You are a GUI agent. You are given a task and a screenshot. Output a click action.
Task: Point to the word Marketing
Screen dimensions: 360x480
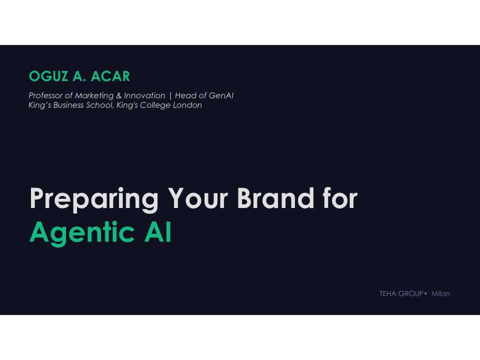(x=94, y=95)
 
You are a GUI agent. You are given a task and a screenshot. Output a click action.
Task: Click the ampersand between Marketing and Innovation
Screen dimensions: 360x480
(x=119, y=95)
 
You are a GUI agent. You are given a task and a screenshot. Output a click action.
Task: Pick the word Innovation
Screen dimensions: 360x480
(x=144, y=95)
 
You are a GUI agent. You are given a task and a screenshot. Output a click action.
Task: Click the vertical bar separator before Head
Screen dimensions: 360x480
(x=170, y=95)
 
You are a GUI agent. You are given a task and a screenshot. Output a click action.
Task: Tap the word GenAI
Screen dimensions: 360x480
(x=221, y=95)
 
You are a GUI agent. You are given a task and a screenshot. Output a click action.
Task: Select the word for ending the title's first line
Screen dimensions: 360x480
(x=339, y=199)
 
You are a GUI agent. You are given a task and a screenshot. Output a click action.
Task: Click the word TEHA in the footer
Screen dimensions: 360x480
(x=388, y=294)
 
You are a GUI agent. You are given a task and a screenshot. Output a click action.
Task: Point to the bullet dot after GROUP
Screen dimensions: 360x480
(x=425, y=293)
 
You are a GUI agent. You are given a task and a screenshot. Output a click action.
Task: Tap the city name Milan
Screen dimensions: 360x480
(x=440, y=294)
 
